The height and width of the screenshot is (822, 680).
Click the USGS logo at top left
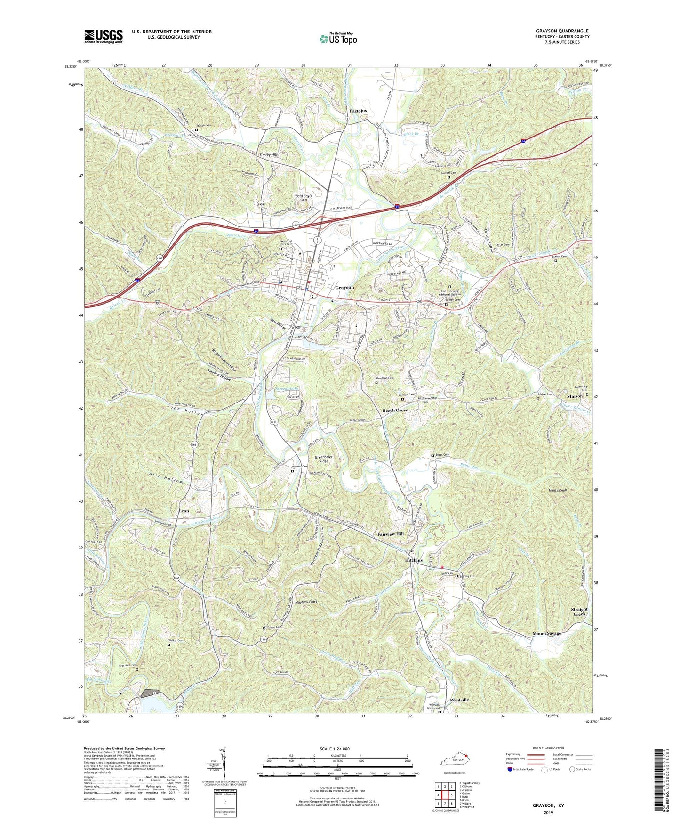[104, 36]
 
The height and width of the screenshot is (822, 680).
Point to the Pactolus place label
[358, 111]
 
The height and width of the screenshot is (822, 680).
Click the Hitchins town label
[414, 560]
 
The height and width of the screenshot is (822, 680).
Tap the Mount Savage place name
[547, 633]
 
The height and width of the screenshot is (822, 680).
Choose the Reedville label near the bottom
[459, 700]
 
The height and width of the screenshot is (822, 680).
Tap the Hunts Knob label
[558, 490]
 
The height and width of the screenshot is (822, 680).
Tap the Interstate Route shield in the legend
[511, 770]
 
